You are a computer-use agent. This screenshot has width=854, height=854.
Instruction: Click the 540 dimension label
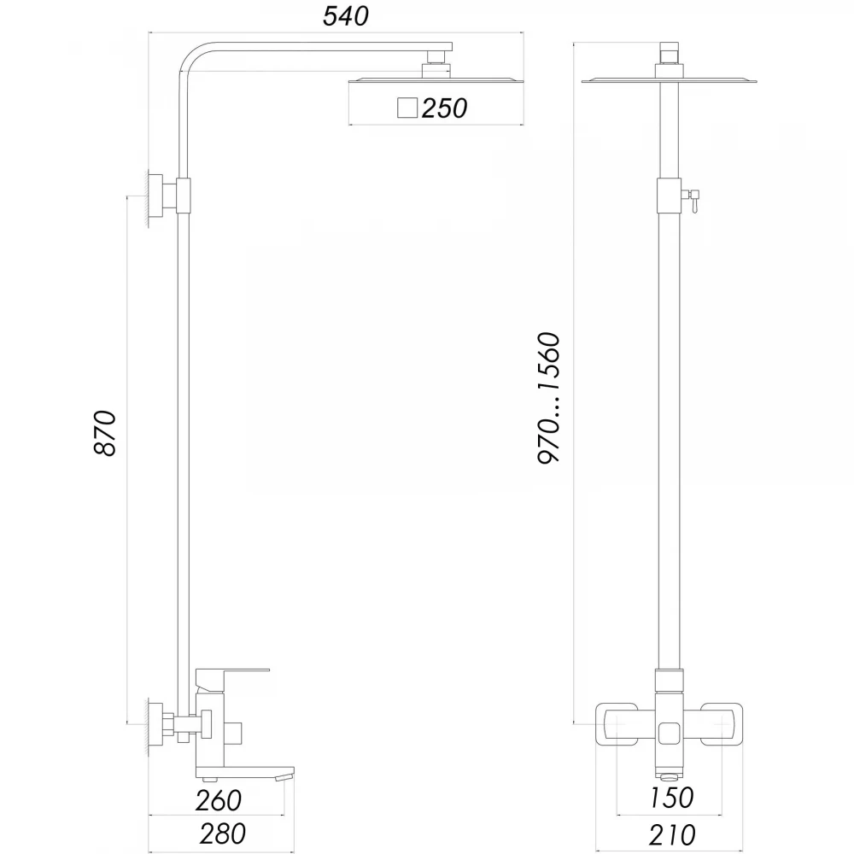point(346,15)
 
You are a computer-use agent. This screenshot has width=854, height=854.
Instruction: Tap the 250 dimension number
point(444,108)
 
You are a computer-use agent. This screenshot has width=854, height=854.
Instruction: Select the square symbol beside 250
point(407,108)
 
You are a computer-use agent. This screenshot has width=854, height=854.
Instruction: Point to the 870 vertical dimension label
point(105,434)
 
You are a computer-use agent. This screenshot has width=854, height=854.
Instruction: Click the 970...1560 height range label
point(548,398)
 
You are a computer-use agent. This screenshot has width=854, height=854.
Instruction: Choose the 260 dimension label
point(219,800)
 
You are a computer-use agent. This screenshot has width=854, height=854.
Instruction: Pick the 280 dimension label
point(222,834)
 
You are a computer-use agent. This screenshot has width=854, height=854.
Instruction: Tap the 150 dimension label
point(672,798)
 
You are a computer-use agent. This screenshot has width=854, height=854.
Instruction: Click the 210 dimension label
point(672,834)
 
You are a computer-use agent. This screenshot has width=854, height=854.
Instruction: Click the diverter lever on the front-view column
point(693,199)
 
